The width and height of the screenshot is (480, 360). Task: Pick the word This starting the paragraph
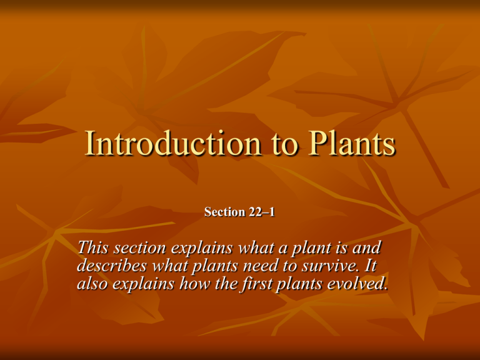click(91, 249)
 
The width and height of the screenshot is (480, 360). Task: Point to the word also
click(91, 284)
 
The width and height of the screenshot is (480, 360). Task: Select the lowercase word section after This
click(136, 249)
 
